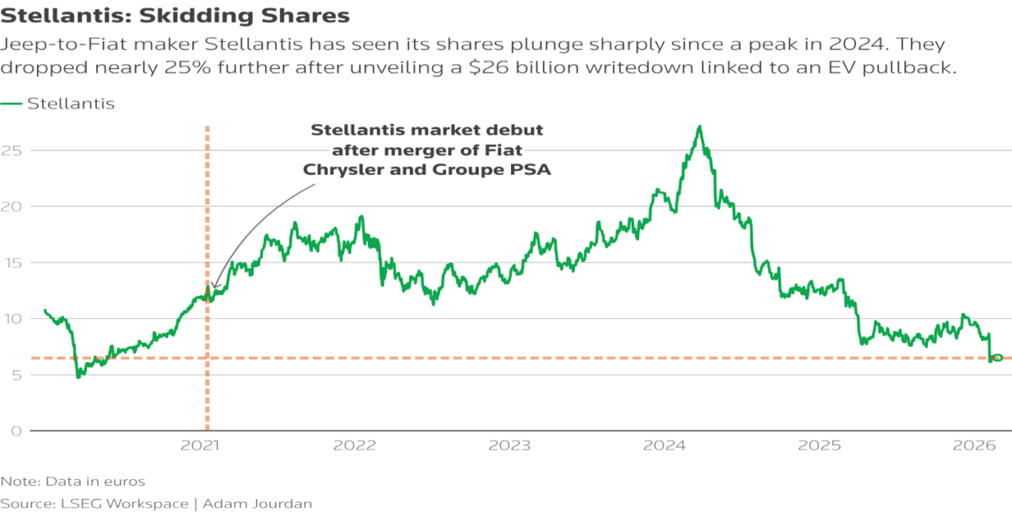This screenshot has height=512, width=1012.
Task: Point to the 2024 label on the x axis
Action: [665, 445]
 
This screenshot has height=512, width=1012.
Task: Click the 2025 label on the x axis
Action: [818, 445]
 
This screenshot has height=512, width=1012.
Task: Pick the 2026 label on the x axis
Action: [972, 445]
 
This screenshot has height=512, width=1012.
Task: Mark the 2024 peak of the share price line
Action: [699, 127]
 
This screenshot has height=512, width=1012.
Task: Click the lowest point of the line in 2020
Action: [79, 376]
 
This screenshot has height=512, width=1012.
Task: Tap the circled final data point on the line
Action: [997, 358]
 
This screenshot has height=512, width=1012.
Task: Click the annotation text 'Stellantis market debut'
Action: [427, 130]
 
